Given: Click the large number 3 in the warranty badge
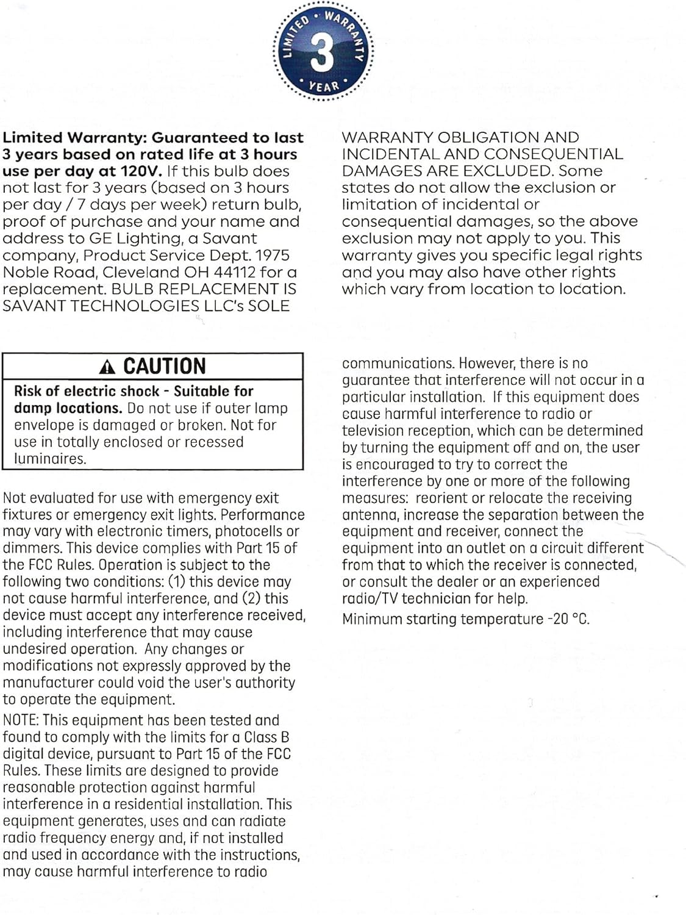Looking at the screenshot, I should [x=322, y=52].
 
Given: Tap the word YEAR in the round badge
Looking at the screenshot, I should [x=324, y=86].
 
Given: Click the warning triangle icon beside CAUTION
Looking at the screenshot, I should [x=107, y=367].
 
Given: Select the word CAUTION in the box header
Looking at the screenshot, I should [x=165, y=366].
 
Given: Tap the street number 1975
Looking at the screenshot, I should [x=273, y=255].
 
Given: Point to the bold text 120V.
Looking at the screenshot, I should [x=141, y=171].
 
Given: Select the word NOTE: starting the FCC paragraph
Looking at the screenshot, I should [x=21, y=720].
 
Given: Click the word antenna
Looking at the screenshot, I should [x=370, y=515].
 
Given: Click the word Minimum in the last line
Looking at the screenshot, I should [x=371, y=619].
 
